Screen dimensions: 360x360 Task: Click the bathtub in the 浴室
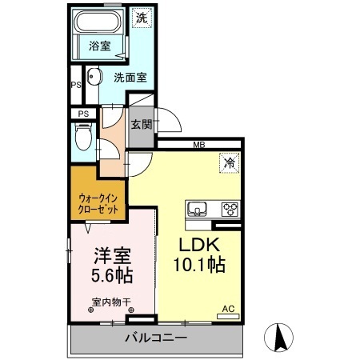coord(98,22)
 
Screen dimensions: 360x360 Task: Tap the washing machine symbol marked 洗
coord(142,18)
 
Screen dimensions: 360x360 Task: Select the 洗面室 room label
coord(130,78)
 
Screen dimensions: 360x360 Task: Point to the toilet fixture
coord(83,137)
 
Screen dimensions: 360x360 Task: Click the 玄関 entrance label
coord(142,124)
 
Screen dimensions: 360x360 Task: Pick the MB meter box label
coord(199,145)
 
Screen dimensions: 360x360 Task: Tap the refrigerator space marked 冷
coord(230,163)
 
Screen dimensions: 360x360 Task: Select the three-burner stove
coord(230,210)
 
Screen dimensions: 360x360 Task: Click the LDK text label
coord(199,245)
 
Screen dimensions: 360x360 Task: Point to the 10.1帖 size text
coord(200,265)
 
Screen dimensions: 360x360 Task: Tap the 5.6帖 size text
coord(112,275)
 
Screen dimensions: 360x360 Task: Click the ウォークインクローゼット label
coord(98,204)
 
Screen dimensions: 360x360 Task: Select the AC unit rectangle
coord(228,317)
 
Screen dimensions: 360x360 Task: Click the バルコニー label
coord(156,338)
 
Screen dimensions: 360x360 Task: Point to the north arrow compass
coord(278,338)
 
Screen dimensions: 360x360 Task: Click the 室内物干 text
coord(111,302)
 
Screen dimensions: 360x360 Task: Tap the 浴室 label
coord(100,46)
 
